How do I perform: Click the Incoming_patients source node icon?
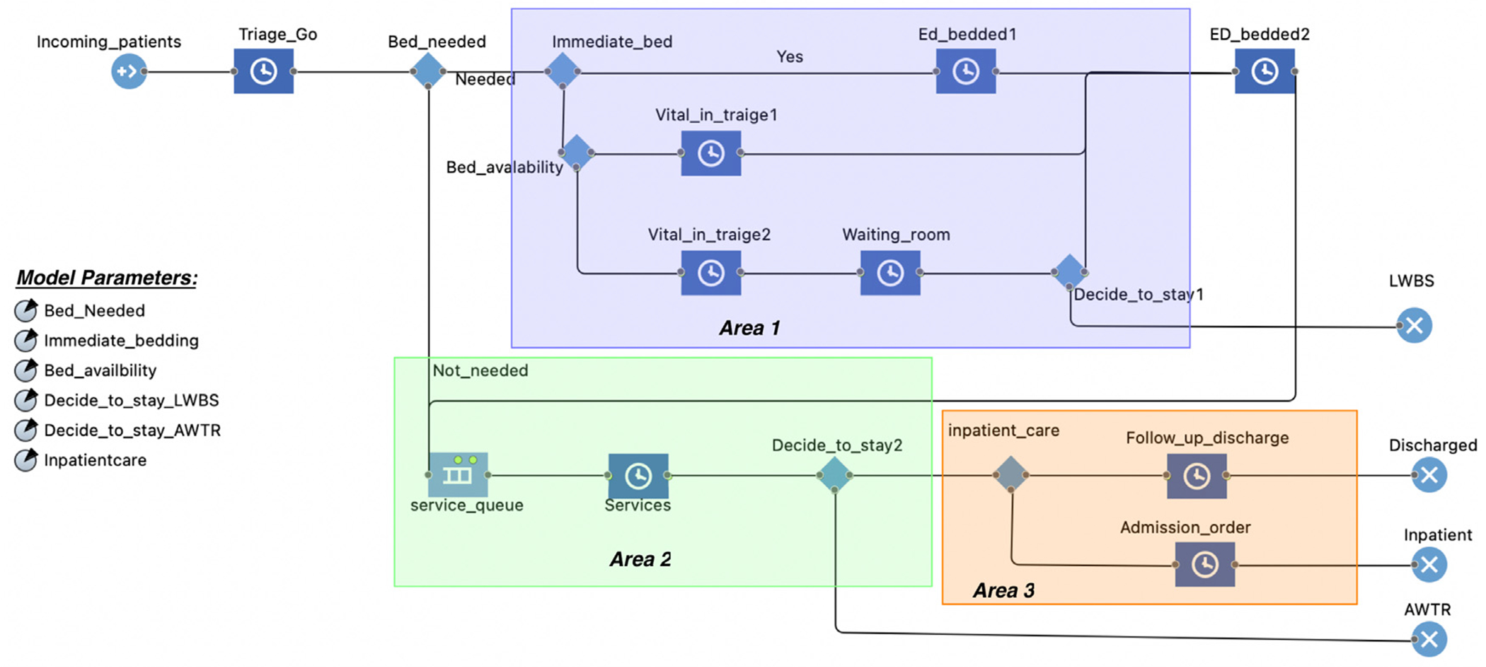(x=129, y=71)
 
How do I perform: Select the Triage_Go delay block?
(x=263, y=71)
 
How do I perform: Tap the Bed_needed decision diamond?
(x=428, y=71)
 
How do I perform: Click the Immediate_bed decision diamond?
(x=563, y=71)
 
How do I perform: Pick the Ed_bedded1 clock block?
(x=965, y=71)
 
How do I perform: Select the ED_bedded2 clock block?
(x=1265, y=71)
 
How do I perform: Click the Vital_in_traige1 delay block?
(x=710, y=153)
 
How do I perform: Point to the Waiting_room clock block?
(x=890, y=272)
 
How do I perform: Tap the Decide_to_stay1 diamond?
(x=1069, y=272)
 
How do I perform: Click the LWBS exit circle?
(x=1414, y=326)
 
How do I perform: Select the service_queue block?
(x=458, y=475)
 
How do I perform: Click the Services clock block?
(x=638, y=475)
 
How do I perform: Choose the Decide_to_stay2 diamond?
(x=834, y=475)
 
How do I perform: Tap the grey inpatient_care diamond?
(x=1010, y=475)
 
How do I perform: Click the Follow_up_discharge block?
(x=1197, y=476)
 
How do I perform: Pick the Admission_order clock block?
(x=1204, y=564)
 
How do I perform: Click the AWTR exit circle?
(x=1429, y=639)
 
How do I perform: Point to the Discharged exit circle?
(x=1429, y=475)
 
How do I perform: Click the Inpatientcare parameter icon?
(x=26, y=460)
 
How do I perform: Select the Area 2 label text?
(x=640, y=559)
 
